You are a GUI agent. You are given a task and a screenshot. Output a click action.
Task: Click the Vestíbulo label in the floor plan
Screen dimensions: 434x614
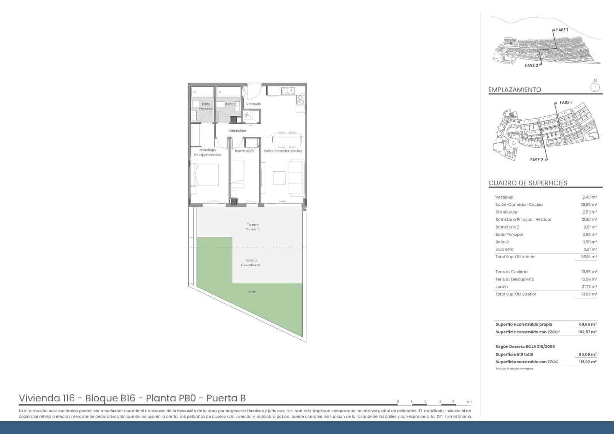[254, 104]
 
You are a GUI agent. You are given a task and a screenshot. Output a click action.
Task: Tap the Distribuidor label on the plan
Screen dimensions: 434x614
[237, 131]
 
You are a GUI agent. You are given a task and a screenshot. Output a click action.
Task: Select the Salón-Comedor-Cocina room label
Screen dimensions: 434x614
[283, 151]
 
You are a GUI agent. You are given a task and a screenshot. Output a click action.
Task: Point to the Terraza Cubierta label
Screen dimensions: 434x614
[253, 227]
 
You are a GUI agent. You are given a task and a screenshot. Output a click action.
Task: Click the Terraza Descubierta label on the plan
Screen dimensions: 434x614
[251, 263]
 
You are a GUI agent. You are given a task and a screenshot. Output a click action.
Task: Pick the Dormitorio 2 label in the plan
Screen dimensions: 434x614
[244, 151]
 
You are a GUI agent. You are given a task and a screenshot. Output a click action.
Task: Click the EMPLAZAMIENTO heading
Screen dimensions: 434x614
[515, 90]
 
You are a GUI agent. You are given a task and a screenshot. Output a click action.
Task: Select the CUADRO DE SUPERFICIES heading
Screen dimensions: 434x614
[528, 183]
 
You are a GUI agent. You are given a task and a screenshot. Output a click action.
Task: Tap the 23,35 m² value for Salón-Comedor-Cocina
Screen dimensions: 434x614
[589, 205]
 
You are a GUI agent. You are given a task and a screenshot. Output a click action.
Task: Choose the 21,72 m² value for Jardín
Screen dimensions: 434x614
[589, 287]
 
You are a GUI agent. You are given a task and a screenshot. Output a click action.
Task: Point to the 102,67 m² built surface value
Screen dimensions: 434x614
[587, 332]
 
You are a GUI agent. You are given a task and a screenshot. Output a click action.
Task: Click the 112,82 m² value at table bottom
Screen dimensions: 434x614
[587, 362]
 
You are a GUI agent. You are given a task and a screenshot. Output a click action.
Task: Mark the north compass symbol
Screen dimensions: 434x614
[595, 87]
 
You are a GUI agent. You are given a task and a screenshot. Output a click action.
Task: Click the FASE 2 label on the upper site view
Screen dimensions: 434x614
[531, 66]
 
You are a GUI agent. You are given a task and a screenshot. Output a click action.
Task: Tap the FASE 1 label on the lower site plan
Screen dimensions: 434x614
[566, 103]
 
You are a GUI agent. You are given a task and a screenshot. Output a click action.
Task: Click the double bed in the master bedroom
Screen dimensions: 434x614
[205, 175]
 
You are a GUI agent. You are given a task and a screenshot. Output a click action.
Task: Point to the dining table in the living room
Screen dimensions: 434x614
[287, 139]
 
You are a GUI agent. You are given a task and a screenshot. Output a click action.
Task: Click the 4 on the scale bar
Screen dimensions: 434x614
[453, 402]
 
